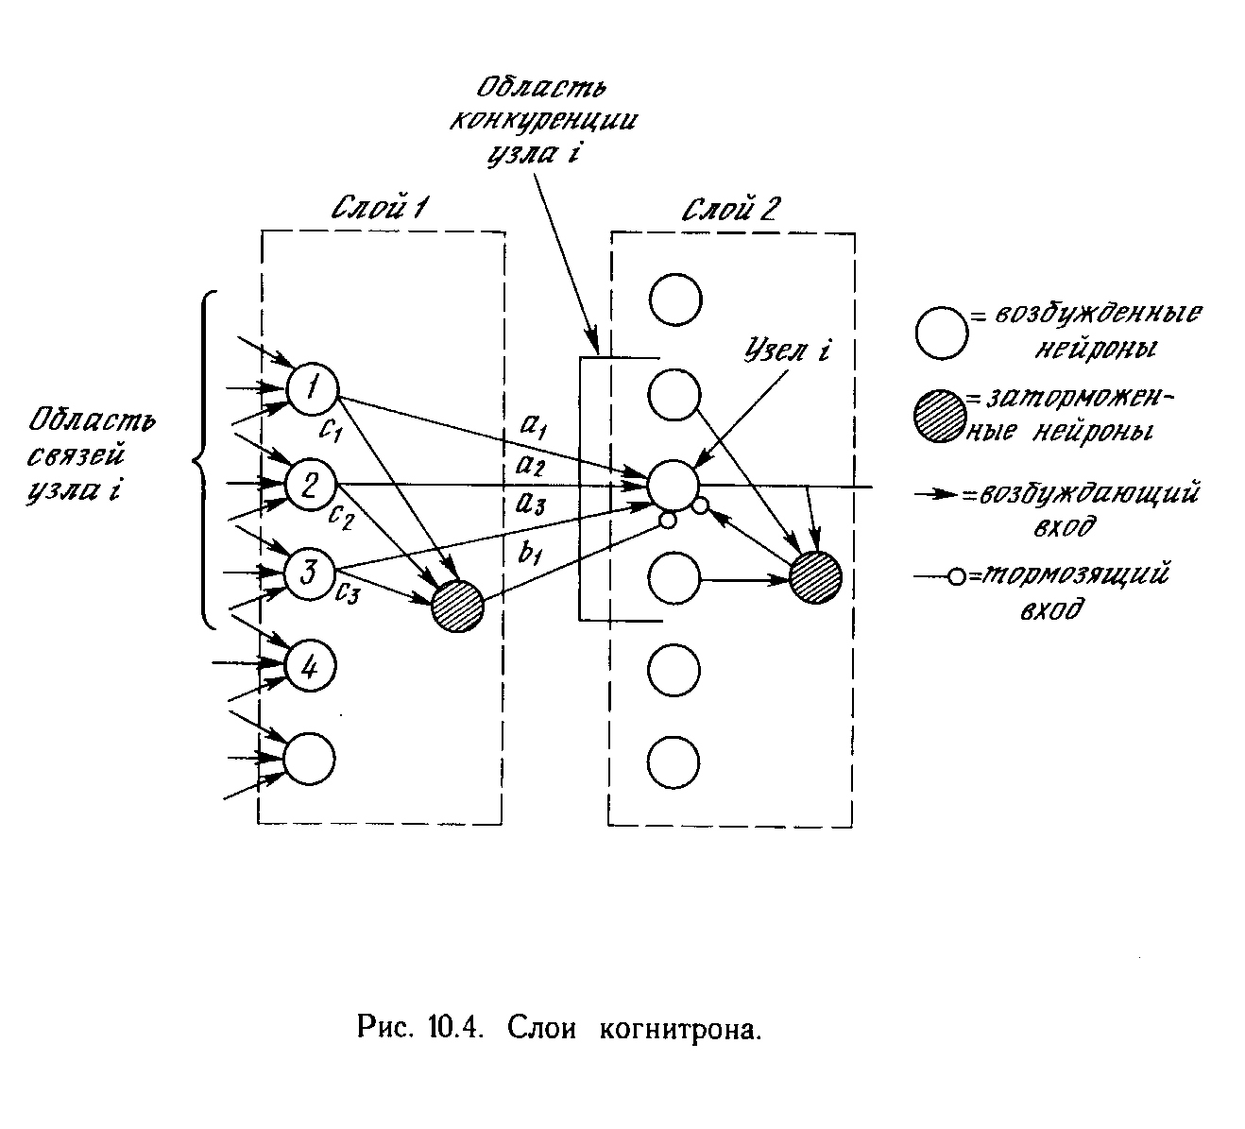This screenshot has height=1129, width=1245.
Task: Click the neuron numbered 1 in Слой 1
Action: [x=312, y=387]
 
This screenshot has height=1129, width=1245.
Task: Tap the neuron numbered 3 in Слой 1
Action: [x=312, y=573]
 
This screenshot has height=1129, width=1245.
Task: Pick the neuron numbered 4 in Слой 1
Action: [x=311, y=667]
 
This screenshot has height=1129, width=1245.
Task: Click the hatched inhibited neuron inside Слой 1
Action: [x=457, y=606]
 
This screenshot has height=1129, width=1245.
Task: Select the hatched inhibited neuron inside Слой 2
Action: [x=815, y=576]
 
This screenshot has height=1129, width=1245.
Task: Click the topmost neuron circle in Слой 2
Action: [x=674, y=300]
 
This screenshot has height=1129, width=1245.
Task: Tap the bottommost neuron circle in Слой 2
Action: [x=674, y=761]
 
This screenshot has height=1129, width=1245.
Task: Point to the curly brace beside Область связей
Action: [x=203, y=460]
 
